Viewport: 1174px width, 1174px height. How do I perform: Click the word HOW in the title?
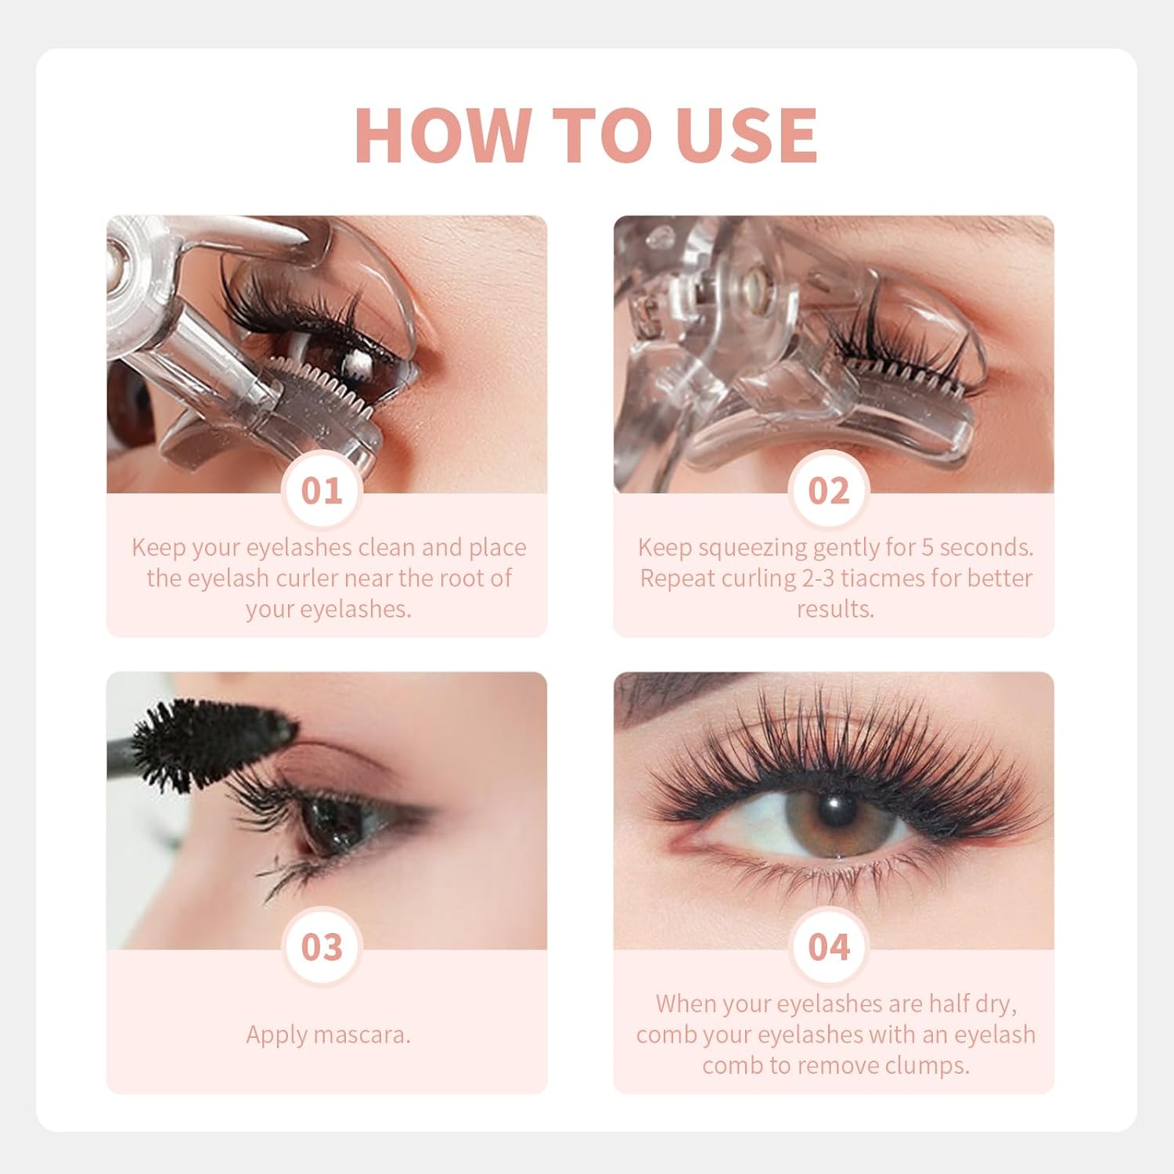(x=442, y=135)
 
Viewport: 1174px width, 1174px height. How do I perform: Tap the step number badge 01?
(x=322, y=491)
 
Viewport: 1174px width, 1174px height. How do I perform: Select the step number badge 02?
(x=829, y=491)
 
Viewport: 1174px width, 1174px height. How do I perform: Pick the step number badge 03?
(x=322, y=947)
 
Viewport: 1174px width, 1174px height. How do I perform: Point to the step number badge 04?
(x=829, y=947)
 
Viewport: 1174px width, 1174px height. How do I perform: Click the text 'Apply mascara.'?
(x=328, y=1035)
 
